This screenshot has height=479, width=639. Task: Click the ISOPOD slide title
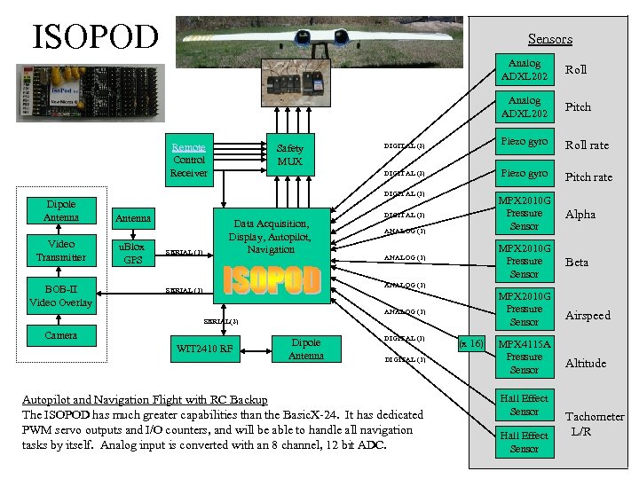click(x=95, y=36)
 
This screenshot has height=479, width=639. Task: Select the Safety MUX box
click(x=289, y=155)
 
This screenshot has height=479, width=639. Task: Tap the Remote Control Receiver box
click(x=188, y=160)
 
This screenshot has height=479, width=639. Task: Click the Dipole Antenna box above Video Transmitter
click(x=61, y=210)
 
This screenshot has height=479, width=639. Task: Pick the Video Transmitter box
click(x=61, y=250)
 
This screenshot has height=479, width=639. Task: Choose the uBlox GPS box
click(x=132, y=253)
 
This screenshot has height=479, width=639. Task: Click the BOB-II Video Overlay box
click(x=61, y=296)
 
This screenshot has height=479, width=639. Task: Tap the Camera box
click(x=61, y=335)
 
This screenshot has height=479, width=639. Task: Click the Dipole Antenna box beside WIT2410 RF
click(x=306, y=349)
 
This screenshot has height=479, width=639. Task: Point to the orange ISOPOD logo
click(x=272, y=279)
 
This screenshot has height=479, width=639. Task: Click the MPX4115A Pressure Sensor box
click(x=524, y=357)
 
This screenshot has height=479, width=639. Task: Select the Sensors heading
click(x=549, y=39)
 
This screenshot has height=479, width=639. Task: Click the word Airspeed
click(x=588, y=316)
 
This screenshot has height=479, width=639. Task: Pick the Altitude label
click(x=586, y=363)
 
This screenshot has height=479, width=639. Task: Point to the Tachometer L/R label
click(x=594, y=423)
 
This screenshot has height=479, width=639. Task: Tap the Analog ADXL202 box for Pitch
click(x=524, y=107)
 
